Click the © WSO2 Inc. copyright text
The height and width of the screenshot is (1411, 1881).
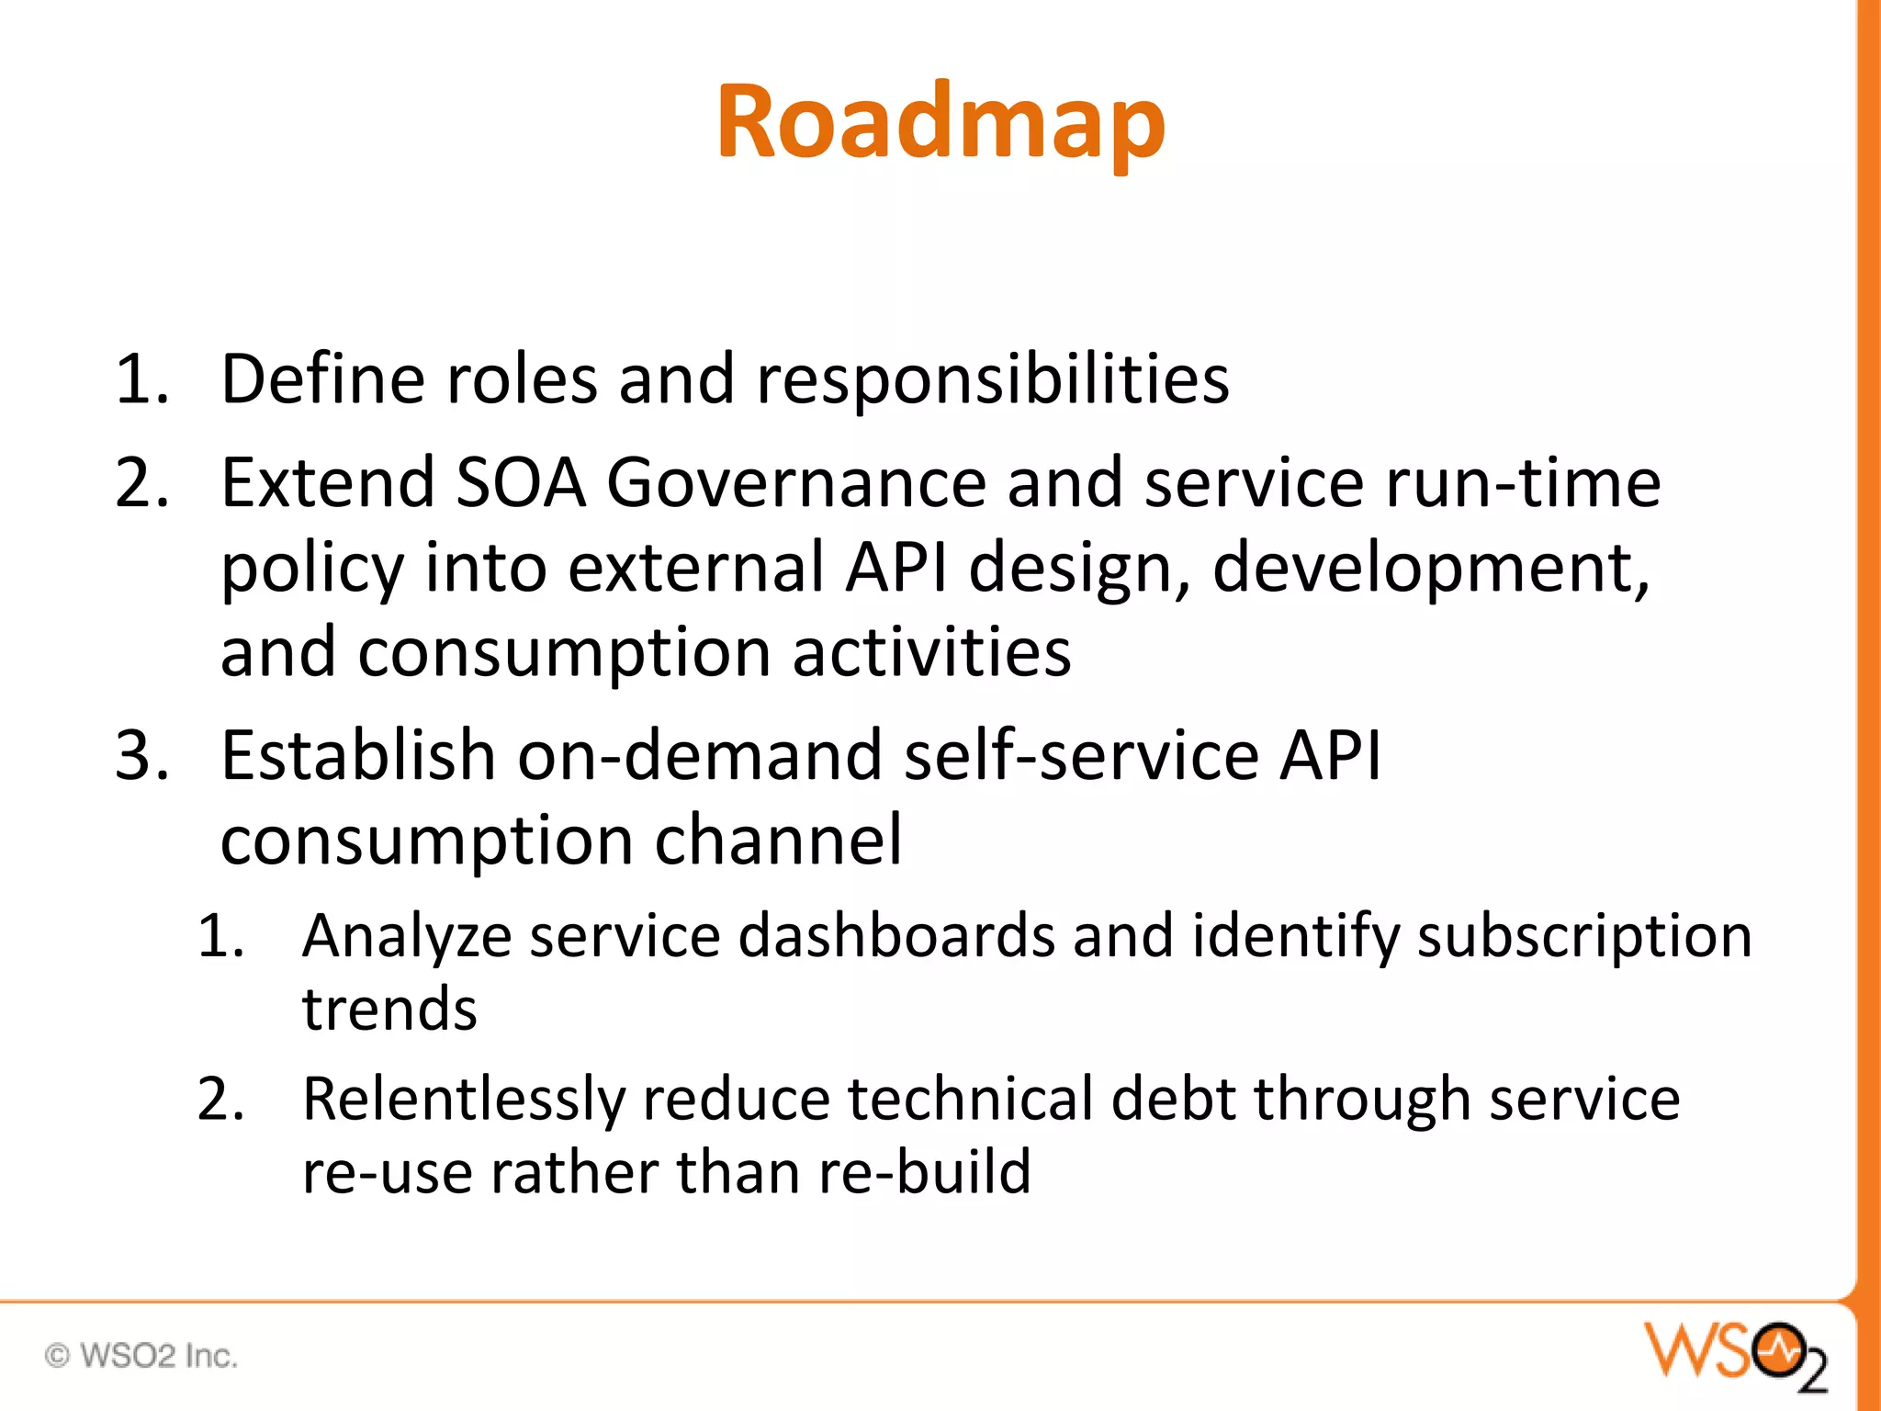coord(141,1355)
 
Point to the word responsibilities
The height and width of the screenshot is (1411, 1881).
coord(992,380)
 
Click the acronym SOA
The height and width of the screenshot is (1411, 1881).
coord(521,483)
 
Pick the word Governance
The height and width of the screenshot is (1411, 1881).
coord(795,483)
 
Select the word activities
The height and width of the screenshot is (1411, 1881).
coord(931,652)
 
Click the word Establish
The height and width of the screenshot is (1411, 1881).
coord(358,755)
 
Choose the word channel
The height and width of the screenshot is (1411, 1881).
coord(778,841)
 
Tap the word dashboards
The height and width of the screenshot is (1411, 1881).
coord(896,937)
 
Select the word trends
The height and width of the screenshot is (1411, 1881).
coord(389,1009)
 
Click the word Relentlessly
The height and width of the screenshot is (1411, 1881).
coord(464,1101)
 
